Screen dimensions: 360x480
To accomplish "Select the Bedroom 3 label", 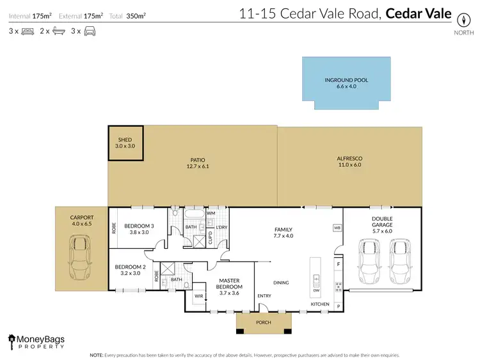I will [139, 229].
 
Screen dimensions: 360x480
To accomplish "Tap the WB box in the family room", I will [336, 228].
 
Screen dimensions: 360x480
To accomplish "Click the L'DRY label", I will [221, 228].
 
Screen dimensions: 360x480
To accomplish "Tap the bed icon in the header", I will [28, 31].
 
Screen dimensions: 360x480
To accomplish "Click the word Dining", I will [280, 283].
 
